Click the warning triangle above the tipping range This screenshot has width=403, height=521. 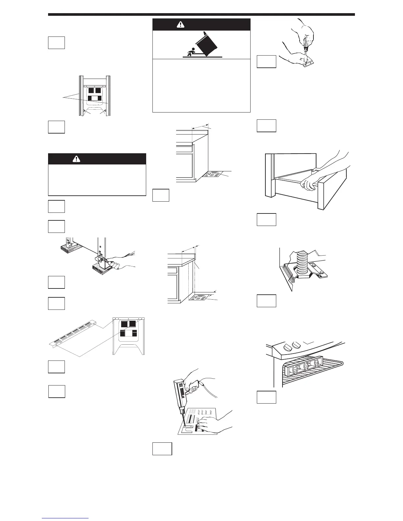click(x=180, y=24)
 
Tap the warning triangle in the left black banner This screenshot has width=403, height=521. click(x=76, y=159)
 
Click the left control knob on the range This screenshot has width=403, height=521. click(x=288, y=346)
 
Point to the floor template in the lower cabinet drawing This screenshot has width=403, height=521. click(x=199, y=298)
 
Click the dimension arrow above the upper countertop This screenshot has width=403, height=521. click(x=201, y=126)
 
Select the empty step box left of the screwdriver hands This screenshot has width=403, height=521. click(x=266, y=62)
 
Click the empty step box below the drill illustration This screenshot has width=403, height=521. click(x=162, y=449)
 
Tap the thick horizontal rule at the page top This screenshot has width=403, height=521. click(x=201, y=14)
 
